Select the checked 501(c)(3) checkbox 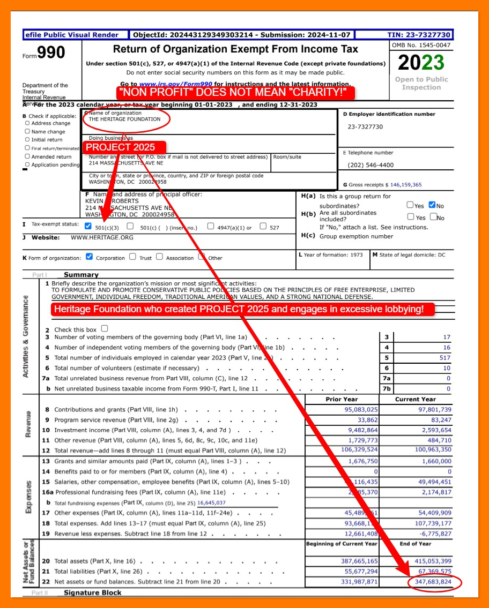pyautogui.click(x=88, y=226)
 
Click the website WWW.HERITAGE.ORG pyautogui.click(x=102, y=237)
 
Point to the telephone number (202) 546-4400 pyautogui.click(x=371, y=165)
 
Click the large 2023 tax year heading pyautogui.click(x=421, y=63)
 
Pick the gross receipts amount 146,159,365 pyautogui.click(x=398, y=185)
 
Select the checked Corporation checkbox pyautogui.click(x=90, y=257)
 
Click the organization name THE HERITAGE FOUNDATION pyautogui.click(x=124, y=119)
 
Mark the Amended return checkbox pyautogui.click(x=27, y=156)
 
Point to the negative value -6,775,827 pyautogui.click(x=431, y=534)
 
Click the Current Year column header pyautogui.click(x=415, y=399)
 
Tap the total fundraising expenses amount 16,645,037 pyautogui.click(x=211, y=503)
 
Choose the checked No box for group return pyautogui.click(x=432, y=205)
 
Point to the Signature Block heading pyautogui.click(x=93, y=592)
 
